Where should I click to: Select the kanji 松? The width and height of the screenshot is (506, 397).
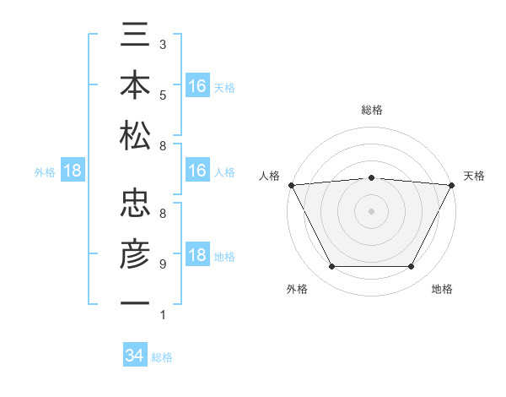[135, 135]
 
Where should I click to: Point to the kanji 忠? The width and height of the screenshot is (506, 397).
[135, 204]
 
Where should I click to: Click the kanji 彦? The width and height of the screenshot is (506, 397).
[135, 253]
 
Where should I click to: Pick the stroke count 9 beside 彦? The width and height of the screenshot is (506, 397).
[163, 264]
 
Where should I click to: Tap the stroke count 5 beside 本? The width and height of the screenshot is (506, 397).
[163, 95]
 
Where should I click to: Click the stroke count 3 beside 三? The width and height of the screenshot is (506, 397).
[163, 44]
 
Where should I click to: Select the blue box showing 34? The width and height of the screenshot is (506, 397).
[135, 356]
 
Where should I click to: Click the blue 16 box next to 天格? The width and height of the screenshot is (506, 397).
[197, 86]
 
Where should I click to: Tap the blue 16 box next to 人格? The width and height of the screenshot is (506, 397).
[197, 171]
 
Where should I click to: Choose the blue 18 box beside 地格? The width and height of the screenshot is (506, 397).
[197, 256]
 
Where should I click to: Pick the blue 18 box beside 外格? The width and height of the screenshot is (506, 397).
[73, 171]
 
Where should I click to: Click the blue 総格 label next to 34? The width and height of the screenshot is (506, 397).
[162, 357]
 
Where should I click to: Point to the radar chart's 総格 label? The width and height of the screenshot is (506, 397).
[372, 110]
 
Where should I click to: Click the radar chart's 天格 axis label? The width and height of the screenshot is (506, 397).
[475, 176]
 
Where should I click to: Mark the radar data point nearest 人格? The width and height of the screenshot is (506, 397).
[292, 185]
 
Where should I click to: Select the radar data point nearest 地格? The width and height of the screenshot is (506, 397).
[412, 267]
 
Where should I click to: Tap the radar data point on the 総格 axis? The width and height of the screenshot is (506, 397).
[372, 177]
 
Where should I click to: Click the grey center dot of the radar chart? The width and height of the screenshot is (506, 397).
[372, 211]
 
